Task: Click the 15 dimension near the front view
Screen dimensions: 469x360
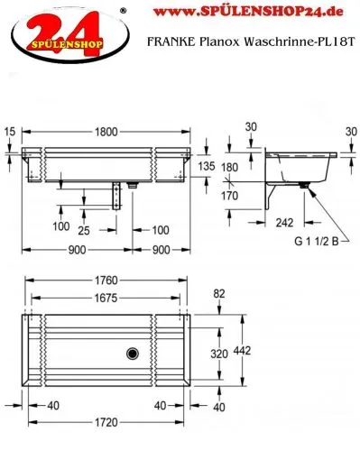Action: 9,132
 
